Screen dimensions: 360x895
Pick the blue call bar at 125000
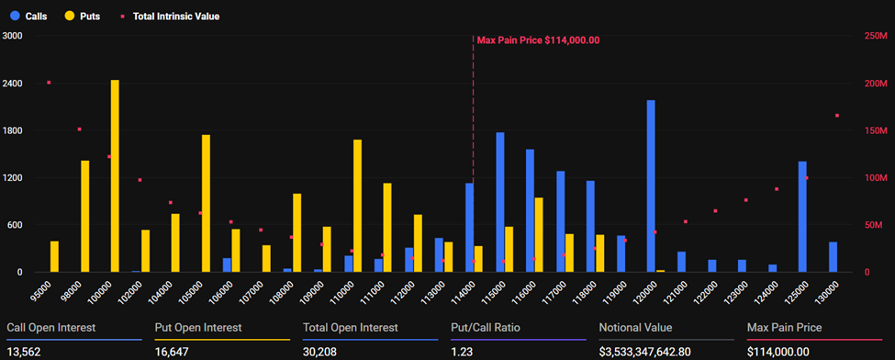pyautogui.click(x=802, y=217)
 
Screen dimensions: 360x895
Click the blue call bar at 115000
pyautogui.click(x=499, y=202)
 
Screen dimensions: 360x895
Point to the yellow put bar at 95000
pyautogui.click(x=54, y=256)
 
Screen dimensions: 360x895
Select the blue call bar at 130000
pyautogui.click(x=833, y=257)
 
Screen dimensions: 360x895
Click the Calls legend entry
pyautogui.click(x=30, y=17)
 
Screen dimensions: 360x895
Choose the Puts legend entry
pyautogui.click(x=84, y=17)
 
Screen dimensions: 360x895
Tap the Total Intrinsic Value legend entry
pyautogui.click(x=171, y=17)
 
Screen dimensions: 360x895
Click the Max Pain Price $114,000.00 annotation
pyautogui.click(x=538, y=40)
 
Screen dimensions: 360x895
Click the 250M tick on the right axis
pyautogui.click(x=876, y=36)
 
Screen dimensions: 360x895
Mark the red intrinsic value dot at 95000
pyautogui.click(x=49, y=83)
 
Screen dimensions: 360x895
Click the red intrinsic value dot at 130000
pyautogui.click(x=837, y=116)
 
